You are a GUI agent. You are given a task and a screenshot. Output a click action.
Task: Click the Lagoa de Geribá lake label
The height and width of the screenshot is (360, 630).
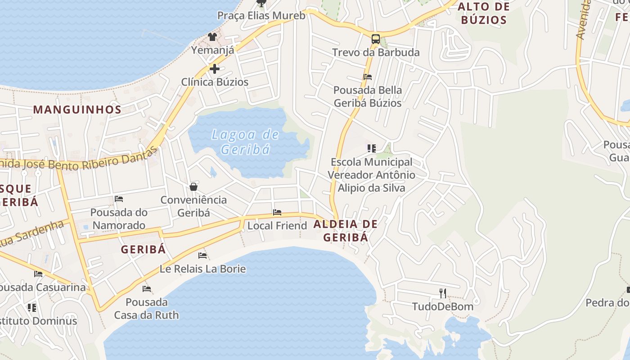[x=245, y=141]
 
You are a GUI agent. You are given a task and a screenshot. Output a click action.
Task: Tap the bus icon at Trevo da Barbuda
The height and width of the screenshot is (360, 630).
[x=375, y=39]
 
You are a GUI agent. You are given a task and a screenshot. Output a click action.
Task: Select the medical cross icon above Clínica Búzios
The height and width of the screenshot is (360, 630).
[x=215, y=69]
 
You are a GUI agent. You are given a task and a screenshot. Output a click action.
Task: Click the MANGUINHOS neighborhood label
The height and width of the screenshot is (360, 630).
[x=77, y=109]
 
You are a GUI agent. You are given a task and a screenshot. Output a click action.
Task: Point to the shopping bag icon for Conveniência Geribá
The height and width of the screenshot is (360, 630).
[x=193, y=187]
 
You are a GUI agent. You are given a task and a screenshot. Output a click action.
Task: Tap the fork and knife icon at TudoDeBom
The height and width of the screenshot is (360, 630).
[x=443, y=293]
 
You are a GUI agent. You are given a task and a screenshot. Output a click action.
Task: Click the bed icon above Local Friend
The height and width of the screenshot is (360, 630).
[x=277, y=212]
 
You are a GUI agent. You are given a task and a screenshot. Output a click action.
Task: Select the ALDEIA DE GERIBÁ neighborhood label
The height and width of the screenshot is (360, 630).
[x=346, y=230]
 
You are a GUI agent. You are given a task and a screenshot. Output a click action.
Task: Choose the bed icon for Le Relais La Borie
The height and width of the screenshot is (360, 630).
[x=202, y=256]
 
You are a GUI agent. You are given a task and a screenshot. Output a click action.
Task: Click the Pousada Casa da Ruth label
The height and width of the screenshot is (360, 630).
[x=146, y=308]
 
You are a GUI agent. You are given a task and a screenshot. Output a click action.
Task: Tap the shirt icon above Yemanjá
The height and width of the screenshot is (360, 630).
[x=212, y=37]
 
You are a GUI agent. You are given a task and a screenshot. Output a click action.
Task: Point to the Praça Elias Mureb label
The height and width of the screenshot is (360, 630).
[x=261, y=16]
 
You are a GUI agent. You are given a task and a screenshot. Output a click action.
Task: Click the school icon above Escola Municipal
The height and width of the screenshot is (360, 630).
[x=371, y=148]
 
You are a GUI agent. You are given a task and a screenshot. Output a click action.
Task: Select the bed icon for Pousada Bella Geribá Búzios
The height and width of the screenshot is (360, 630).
[x=368, y=77]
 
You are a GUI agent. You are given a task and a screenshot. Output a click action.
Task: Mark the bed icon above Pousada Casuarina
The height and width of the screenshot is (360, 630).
[x=38, y=274]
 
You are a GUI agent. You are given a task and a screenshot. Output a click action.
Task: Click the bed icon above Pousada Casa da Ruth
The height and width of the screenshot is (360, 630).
[x=146, y=288]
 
